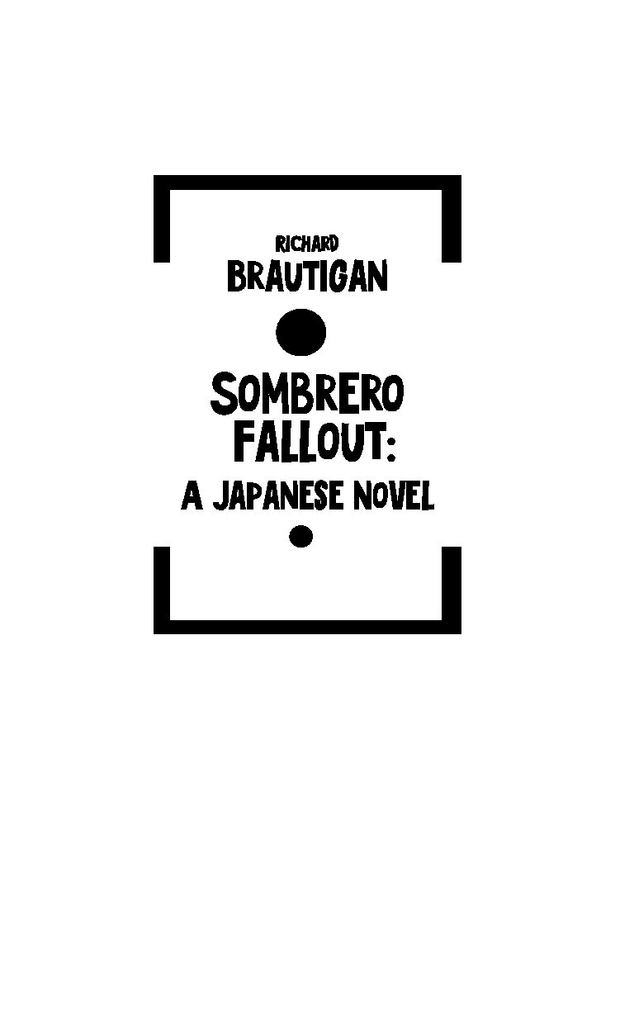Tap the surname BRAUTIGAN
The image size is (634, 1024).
coord(307,276)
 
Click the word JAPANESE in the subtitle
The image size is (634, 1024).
coord(278,497)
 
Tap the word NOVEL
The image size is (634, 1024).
coord(394,497)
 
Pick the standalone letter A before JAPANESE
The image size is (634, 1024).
coord(192,497)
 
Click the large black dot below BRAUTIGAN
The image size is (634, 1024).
coord(300,332)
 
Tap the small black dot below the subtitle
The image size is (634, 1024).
coord(300,536)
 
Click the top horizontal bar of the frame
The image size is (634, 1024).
coord(307,183)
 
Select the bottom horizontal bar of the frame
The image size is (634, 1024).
coord(307,627)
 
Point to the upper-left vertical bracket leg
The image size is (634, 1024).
coord(162,219)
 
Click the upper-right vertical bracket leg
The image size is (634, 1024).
coord(452,219)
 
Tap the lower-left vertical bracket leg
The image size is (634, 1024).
coord(162,590)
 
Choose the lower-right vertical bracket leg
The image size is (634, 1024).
coord(452,590)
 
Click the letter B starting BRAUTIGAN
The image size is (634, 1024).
coord(237,277)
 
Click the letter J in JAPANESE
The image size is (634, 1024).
coord(220,497)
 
